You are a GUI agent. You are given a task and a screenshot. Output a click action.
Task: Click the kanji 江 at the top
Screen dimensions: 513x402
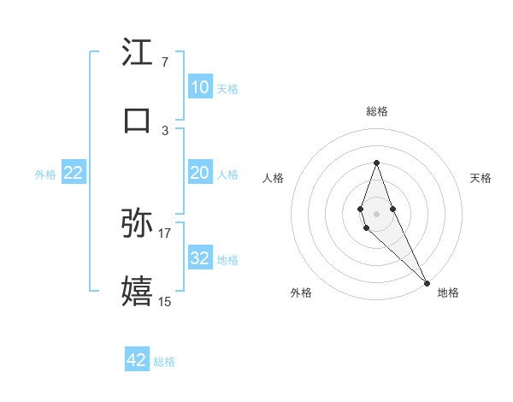(x=138, y=53)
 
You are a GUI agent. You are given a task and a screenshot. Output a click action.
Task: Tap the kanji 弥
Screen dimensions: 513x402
(x=138, y=223)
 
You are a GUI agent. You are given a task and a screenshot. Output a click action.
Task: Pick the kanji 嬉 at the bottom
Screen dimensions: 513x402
(x=138, y=292)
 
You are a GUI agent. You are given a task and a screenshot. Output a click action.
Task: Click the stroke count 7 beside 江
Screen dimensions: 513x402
(x=165, y=62)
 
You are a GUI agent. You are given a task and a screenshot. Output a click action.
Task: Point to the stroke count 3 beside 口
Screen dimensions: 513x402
(x=165, y=130)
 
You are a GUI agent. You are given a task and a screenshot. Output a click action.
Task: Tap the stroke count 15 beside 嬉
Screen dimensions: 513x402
(x=165, y=301)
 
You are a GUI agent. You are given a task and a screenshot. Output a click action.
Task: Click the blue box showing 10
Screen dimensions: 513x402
(x=199, y=87)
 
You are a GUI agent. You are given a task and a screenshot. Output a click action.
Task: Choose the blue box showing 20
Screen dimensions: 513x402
(x=199, y=173)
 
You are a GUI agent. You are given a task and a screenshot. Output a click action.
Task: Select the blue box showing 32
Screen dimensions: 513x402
(x=199, y=258)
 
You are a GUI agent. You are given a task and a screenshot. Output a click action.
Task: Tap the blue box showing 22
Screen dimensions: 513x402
(x=74, y=173)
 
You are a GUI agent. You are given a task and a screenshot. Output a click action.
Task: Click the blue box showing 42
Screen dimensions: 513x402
(x=137, y=360)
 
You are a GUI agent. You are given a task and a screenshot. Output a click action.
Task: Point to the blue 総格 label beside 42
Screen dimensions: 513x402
(x=164, y=362)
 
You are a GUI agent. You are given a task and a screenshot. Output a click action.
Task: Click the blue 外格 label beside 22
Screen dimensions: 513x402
(x=45, y=174)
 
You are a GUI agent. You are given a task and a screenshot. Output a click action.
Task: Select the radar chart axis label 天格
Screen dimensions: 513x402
(x=481, y=178)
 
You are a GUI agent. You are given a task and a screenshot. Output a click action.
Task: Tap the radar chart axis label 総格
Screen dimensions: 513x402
(x=377, y=111)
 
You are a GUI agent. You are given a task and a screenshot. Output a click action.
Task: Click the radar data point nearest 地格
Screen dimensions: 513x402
(x=427, y=282)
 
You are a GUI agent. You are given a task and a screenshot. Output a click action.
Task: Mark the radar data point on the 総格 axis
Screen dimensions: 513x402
(x=376, y=163)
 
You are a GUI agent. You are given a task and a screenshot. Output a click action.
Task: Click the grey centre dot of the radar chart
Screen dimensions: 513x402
(x=376, y=212)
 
